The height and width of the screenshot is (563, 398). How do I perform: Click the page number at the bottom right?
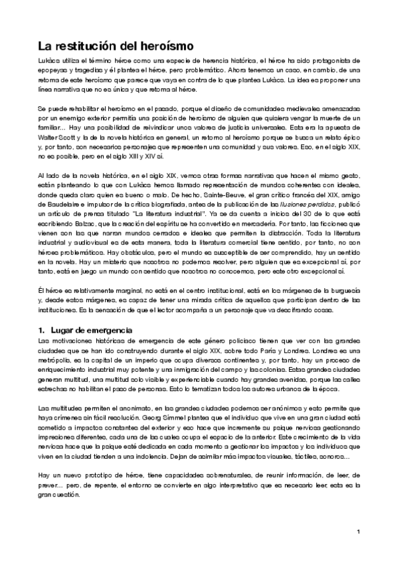tap(358, 531)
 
